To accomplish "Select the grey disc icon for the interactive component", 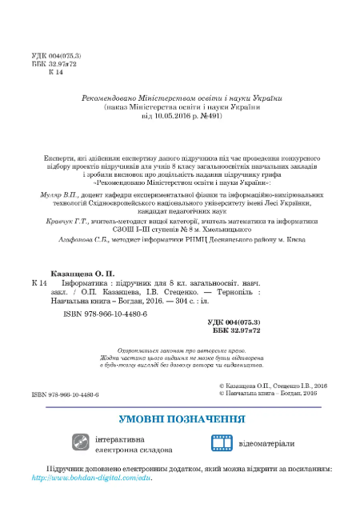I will (81, 444).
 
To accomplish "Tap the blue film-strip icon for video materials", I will (222, 444).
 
